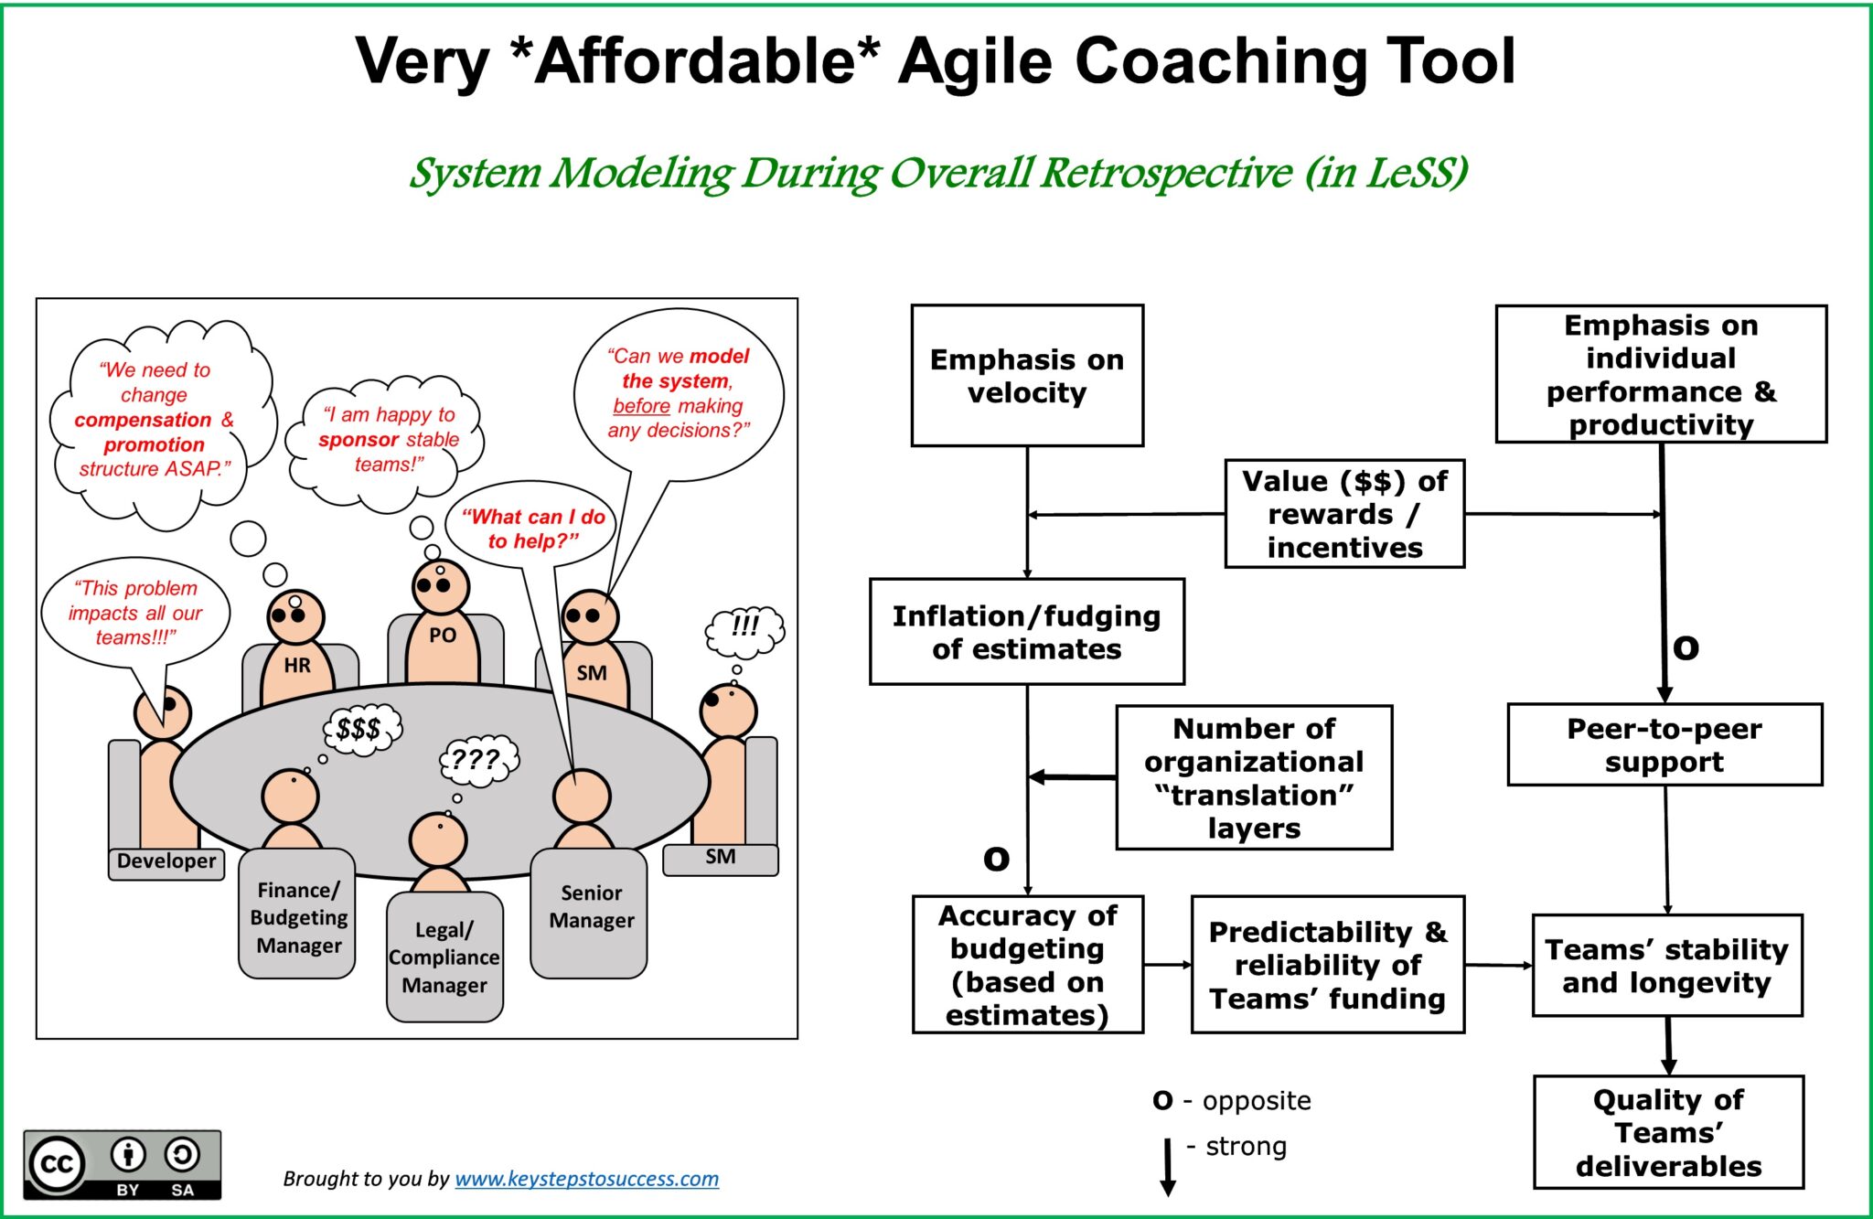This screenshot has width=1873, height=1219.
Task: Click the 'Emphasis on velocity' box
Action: coord(1026,376)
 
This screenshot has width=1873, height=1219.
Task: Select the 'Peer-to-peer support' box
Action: coord(1664,744)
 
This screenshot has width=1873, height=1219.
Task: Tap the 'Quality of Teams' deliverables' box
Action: coord(1667,1132)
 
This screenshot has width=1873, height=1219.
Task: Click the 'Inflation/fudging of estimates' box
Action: coord(1026,632)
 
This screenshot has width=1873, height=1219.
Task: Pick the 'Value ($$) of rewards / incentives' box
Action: coord(1343,514)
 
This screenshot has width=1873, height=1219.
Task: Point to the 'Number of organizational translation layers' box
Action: coord(1253,777)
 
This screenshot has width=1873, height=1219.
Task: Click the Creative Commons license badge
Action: coord(122,1164)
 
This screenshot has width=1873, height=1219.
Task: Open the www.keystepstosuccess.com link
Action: coord(586,1179)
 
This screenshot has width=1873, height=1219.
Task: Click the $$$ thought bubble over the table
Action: coord(361,729)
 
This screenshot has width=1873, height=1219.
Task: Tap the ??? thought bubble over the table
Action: coord(478,760)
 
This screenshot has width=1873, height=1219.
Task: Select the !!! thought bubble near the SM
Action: coord(744,628)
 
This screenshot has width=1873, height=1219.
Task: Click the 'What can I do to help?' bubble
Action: coord(532,528)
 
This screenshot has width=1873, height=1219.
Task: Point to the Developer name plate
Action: coord(166,861)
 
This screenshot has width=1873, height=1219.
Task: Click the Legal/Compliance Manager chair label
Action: coord(444,957)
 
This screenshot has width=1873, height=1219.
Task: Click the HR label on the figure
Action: coord(297,666)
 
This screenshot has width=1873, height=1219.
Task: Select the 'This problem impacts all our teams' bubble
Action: coord(135,612)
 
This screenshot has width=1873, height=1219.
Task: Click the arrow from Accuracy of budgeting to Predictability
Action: coord(1167,965)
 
